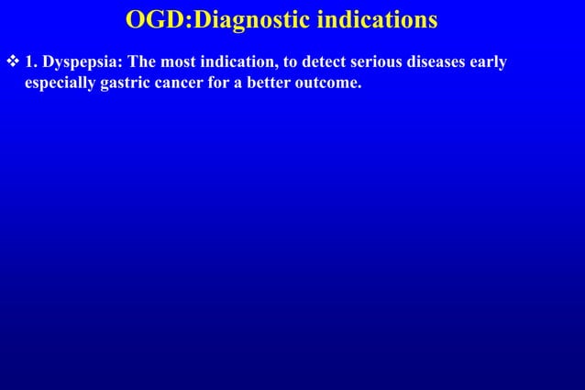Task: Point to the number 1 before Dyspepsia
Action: (30, 63)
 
